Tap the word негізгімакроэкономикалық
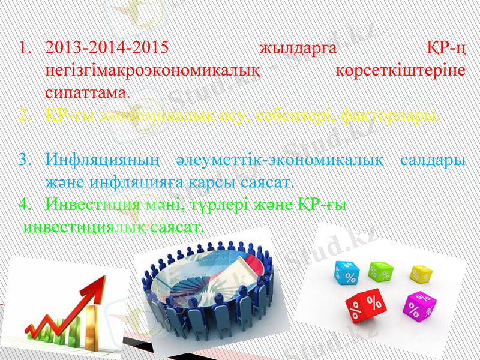coord(153,70)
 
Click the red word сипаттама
coord(88,92)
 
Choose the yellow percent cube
coord(421,274)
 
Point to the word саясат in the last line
coord(178,227)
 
